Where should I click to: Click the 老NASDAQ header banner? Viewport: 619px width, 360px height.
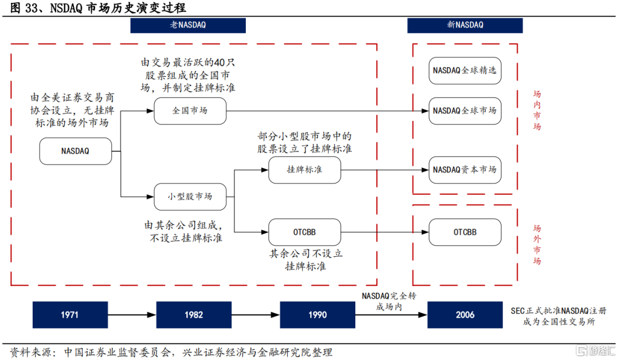tap(188, 25)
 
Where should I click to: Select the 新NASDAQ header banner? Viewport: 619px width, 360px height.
tap(465, 25)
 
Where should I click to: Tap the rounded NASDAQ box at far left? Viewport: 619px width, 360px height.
tap(75, 151)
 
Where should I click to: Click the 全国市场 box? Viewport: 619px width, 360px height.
tap(190, 111)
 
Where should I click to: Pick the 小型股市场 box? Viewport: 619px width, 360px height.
tap(190, 196)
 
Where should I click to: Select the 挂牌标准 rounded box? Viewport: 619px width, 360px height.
tap(304, 170)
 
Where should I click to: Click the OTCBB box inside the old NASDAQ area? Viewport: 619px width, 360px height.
tap(304, 232)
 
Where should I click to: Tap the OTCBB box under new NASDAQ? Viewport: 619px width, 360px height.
tap(465, 232)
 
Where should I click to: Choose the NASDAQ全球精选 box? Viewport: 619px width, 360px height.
tap(465, 71)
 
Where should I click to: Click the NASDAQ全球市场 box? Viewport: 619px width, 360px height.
tap(465, 111)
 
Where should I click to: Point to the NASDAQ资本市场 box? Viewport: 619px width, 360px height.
tap(465, 170)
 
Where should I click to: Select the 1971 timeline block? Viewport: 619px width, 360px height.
tap(70, 315)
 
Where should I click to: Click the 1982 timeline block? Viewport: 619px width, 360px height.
tap(194, 315)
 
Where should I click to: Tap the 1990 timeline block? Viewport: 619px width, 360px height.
tap(318, 315)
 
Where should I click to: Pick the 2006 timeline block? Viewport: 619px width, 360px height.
tap(465, 315)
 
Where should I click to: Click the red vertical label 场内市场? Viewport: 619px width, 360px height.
tap(537, 110)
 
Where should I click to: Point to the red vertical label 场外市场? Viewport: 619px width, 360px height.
tap(537, 244)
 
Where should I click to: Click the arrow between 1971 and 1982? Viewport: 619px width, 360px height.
tap(132, 315)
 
